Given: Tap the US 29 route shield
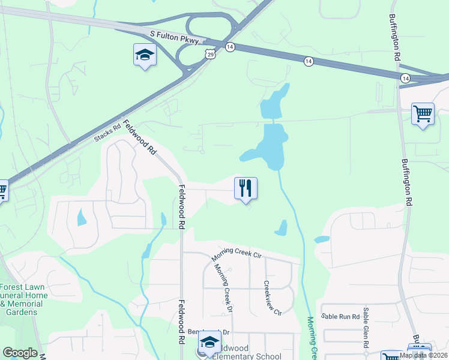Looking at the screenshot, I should click(x=209, y=55).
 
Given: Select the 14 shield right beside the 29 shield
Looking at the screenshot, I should click(x=230, y=46).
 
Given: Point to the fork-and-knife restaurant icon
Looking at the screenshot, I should click(x=246, y=188).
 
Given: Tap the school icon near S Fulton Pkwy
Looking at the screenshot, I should click(x=144, y=55).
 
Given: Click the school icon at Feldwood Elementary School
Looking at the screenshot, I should click(x=209, y=343).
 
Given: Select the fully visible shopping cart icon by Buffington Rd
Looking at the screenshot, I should click(x=423, y=113).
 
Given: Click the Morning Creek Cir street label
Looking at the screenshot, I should click(x=237, y=254).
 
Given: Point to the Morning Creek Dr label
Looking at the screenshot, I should click(x=222, y=289).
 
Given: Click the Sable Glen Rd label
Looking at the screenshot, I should click(x=365, y=328).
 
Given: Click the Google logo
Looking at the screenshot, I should click(x=20, y=353).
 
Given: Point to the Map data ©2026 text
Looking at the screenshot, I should click(x=423, y=355).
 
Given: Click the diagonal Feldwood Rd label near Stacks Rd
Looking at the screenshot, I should click(x=139, y=137).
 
